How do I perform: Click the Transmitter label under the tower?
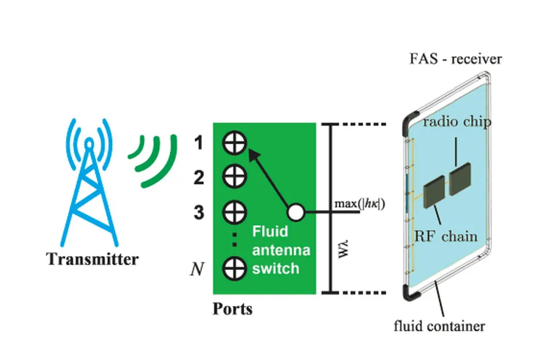[x=93, y=259]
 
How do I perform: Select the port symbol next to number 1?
[x=234, y=143]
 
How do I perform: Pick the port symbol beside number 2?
[x=234, y=177]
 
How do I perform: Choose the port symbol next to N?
[x=234, y=268]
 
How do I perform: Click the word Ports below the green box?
[x=232, y=309]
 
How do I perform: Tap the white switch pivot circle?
[x=296, y=213]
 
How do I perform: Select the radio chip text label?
[x=456, y=122]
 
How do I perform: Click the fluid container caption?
[x=439, y=327]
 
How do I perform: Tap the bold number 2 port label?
[x=198, y=178]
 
